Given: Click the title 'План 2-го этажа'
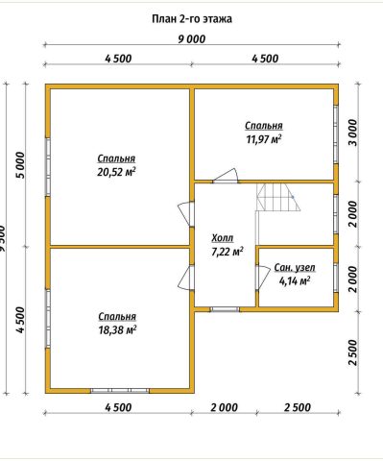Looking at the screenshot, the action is click(x=192, y=19).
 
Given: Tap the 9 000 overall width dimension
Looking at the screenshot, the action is click(x=191, y=39).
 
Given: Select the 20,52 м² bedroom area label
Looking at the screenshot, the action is click(x=116, y=172).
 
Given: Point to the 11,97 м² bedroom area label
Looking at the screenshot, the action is click(x=264, y=139).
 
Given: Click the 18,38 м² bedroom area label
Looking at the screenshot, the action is click(x=117, y=329).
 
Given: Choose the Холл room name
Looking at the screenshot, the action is click(x=223, y=238).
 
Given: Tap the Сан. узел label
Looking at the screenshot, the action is click(x=295, y=268).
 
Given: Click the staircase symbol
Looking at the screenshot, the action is click(x=277, y=198).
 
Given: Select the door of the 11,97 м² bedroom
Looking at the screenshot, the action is click(x=226, y=175).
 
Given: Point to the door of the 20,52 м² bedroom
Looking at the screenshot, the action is click(x=185, y=214).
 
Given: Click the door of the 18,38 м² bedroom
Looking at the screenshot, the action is click(x=185, y=278).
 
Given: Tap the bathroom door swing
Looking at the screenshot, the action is click(x=263, y=278).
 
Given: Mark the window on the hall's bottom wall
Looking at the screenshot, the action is click(x=225, y=309).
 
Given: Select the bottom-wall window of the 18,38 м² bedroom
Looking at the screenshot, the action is click(x=120, y=391).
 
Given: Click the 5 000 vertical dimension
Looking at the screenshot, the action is click(x=20, y=165).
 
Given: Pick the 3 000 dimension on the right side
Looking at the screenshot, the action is click(x=352, y=133).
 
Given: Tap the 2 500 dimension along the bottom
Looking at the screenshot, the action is click(x=298, y=407).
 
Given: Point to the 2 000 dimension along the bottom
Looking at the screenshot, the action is click(x=224, y=407).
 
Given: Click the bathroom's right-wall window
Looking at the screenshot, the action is click(x=336, y=278).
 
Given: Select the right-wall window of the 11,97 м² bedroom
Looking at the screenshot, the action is click(x=336, y=134).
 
